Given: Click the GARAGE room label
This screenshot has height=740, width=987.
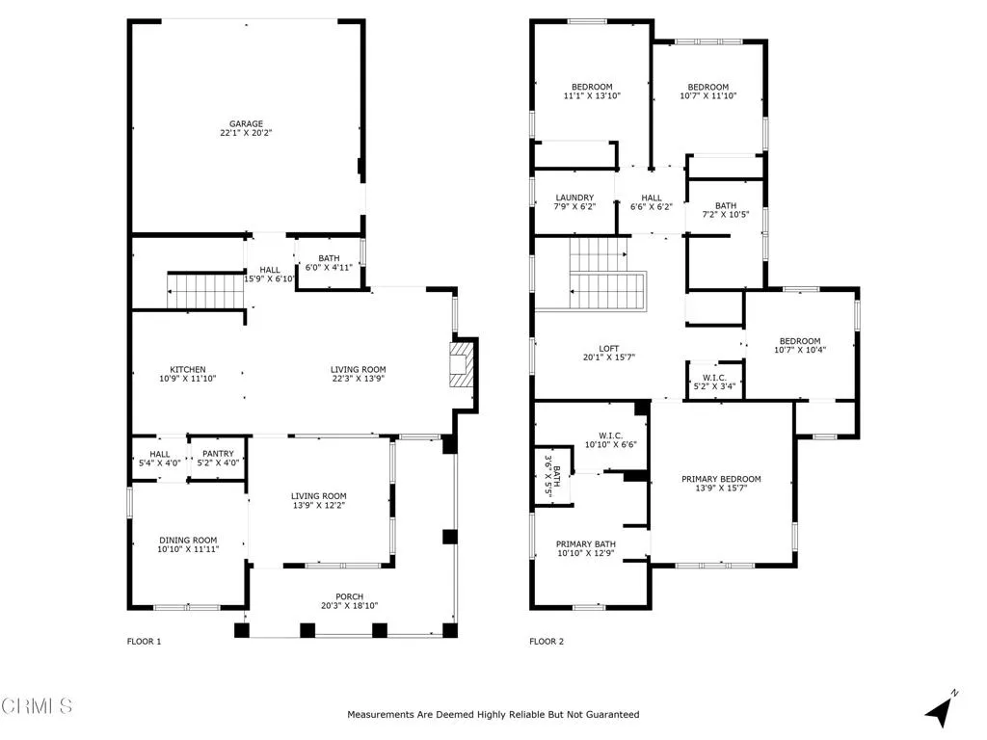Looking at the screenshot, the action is (x=246, y=124).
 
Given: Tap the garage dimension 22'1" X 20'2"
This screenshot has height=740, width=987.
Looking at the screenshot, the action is (x=246, y=133).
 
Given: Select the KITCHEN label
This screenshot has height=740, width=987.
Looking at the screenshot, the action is (x=188, y=370).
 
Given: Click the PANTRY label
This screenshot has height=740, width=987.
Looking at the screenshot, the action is (x=218, y=454).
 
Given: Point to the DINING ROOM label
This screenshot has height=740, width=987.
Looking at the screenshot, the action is (x=188, y=541).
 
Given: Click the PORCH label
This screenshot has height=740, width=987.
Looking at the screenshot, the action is (x=349, y=597).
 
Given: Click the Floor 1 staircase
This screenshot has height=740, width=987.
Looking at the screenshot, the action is (x=206, y=291).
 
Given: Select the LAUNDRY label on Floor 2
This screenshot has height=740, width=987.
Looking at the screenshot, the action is (x=574, y=198).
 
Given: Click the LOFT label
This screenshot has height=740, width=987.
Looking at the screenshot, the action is (x=609, y=349).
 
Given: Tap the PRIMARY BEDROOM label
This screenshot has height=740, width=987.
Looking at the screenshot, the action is (x=721, y=480).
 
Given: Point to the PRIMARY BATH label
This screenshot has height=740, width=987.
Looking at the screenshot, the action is (x=586, y=544).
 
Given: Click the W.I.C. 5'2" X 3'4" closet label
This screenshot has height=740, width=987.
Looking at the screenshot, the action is (x=714, y=382).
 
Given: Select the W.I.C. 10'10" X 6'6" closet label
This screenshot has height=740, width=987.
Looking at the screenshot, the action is (x=610, y=439).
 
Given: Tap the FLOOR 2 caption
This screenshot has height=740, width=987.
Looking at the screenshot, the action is (x=547, y=642).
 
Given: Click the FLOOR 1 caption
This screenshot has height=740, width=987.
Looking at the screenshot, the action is (x=145, y=642).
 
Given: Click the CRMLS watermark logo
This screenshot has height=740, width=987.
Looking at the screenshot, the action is (x=37, y=706).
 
